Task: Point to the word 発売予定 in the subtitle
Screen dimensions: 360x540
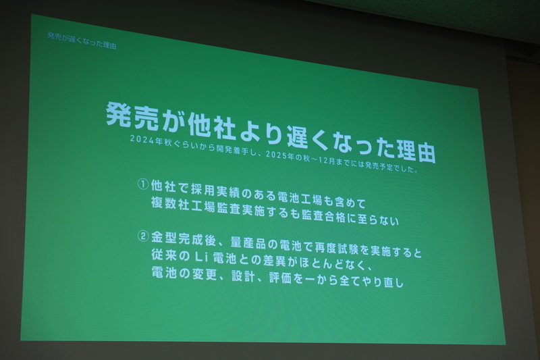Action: (388, 166)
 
